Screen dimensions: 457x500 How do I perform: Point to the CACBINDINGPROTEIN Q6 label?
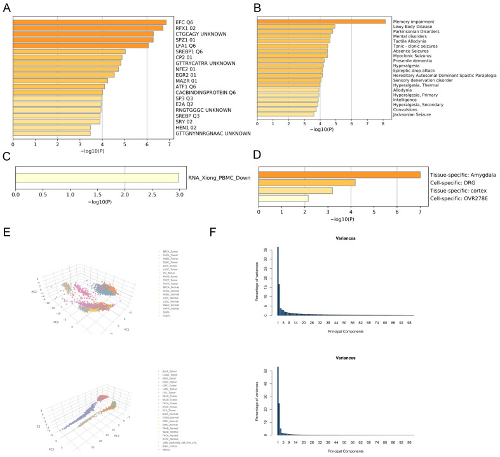coord(206,92)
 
